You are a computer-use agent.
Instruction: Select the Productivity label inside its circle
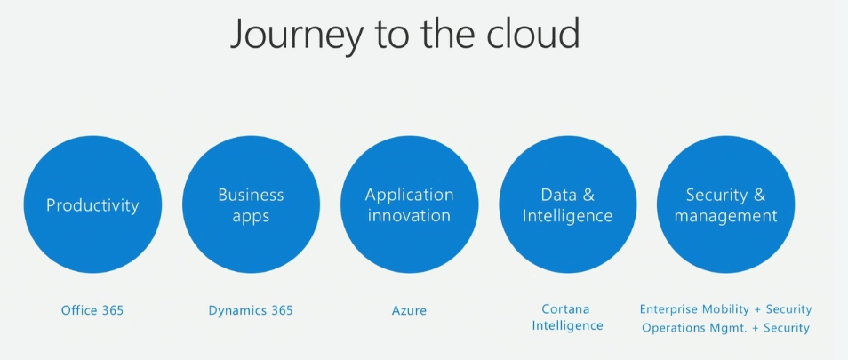[x=92, y=205]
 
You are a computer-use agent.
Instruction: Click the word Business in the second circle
[x=251, y=195]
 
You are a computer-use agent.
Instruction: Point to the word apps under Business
[x=251, y=217]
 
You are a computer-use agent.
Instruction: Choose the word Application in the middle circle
[x=410, y=196]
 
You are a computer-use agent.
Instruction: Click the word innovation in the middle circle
[x=410, y=216]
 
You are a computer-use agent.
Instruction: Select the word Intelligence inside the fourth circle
[x=567, y=216]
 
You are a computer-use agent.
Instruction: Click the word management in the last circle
[x=725, y=216]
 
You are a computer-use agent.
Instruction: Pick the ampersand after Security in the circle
[x=759, y=195]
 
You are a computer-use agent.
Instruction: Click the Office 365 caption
[x=92, y=310]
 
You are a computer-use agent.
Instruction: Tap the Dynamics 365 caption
[x=251, y=310]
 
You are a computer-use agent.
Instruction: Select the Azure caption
[x=410, y=311]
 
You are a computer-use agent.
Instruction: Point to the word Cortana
[x=565, y=309]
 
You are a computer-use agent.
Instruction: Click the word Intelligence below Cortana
[x=567, y=325]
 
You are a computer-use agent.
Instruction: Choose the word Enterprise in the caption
[x=668, y=309]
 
